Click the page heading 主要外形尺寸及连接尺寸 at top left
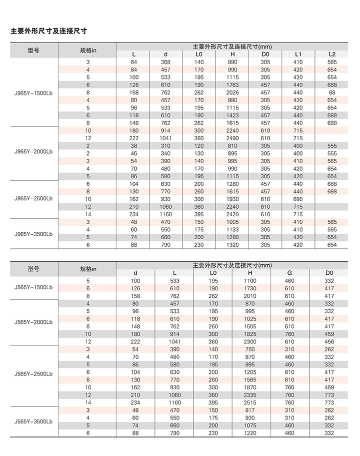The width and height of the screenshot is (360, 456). click(49, 31)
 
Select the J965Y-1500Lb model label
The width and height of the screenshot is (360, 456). click(33, 92)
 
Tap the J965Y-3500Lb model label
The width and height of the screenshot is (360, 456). click(33, 233)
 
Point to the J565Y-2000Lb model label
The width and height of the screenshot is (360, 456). click(33, 322)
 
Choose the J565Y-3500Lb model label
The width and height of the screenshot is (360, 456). click(33, 421)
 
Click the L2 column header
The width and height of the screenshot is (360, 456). click(332, 54)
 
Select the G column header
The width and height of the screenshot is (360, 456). click(290, 273)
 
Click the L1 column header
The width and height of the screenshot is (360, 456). click(298, 54)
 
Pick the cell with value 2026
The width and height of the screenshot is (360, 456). click(232, 92)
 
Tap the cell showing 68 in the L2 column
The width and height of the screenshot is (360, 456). click(332, 92)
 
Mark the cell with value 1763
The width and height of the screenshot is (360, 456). click(232, 85)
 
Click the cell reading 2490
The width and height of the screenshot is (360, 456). click(232, 138)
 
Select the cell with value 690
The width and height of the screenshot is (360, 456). click(298, 199)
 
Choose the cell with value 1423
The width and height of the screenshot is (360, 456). click(232, 115)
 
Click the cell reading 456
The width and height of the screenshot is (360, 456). click(329, 341)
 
